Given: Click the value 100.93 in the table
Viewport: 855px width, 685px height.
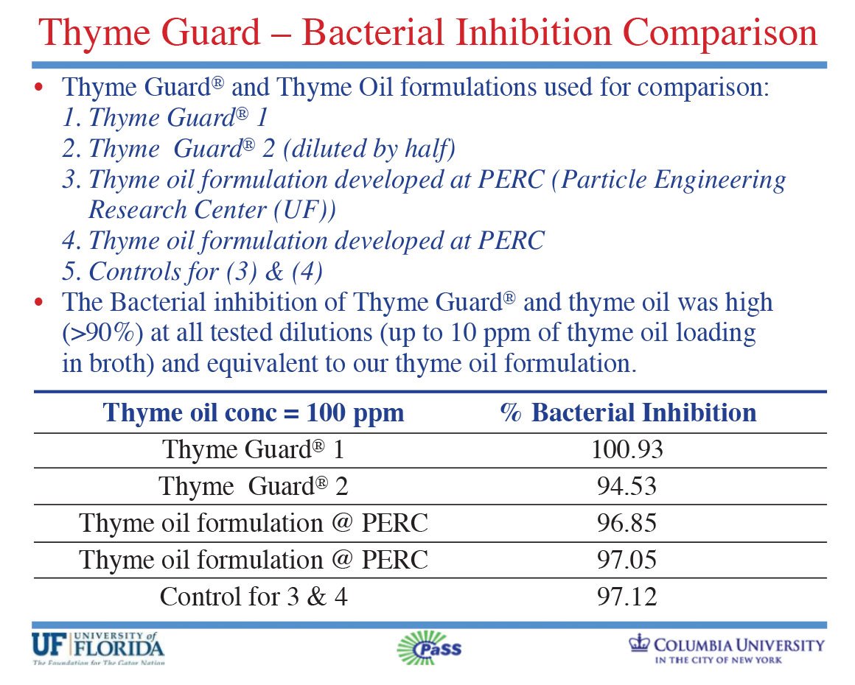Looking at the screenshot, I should [627, 449].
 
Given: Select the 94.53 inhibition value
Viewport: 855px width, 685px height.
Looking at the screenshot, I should [627, 486].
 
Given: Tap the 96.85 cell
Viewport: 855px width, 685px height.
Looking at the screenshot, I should [627, 523].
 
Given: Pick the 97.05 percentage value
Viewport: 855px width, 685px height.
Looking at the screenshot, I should [627, 560].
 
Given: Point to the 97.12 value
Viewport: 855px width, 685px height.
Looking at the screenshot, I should [627, 597].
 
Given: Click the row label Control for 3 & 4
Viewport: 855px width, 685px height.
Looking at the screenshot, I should [254, 597].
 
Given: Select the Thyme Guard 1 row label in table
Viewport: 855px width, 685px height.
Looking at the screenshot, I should [254, 449].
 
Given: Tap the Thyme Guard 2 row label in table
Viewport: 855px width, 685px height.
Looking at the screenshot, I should [254, 486].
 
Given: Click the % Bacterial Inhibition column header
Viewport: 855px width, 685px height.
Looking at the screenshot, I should [628, 412].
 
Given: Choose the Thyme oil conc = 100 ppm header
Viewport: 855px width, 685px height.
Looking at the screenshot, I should [254, 412].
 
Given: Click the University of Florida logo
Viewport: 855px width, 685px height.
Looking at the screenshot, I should [97, 647].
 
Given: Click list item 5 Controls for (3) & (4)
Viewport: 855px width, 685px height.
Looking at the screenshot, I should [193, 272].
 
